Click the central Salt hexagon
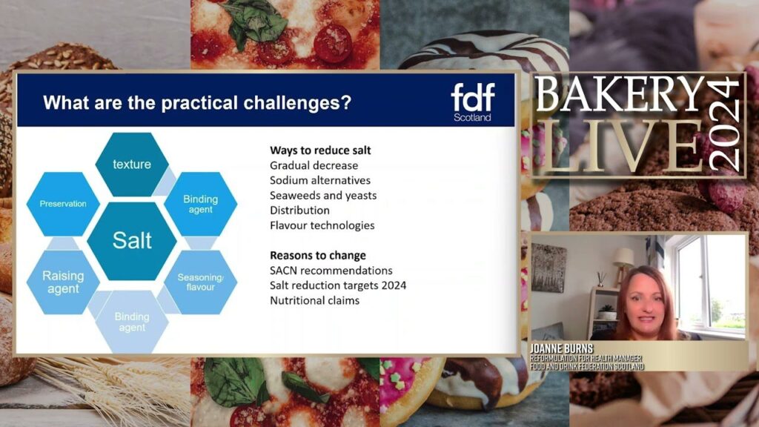[x=132, y=241]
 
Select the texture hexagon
[x=132, y=164]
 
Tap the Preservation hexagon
[x=63, y=204]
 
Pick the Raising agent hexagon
[x=63, y=282]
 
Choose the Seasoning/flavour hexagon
[x=200, y=282]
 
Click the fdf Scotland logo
[x=473, y=102]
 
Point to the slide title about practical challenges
[x=197, y=102]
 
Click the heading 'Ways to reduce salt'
[x=320, y=150]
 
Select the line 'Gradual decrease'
[x=314, y=165]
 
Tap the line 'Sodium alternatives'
[x=320, y=180]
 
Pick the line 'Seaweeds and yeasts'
[x=323, y=195]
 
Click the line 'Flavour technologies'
[x=322, y=225]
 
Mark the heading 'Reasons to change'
[x=317, y=255]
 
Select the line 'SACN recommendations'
[x=331, y=270]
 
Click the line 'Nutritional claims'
[x=314, y=300]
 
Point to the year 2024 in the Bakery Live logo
[x=723, y=125]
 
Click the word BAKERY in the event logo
[x=620, y=94]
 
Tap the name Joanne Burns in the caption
[x=562, y=348]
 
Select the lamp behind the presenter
[x=623, y=265]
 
